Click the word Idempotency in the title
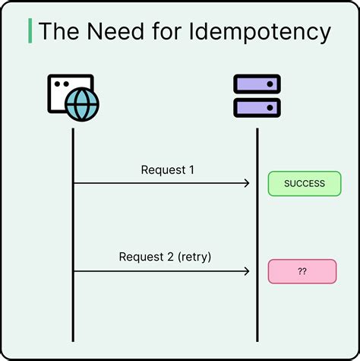[265, 32]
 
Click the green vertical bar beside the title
[30, 31]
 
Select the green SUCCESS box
[305, 183]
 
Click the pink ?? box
[302, 271]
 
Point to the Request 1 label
[167, 169]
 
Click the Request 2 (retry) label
[165, 257]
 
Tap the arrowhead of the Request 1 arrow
[247, 183]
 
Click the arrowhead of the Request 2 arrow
[247, 271]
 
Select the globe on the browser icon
[82, 105]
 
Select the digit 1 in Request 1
[191, 169]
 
